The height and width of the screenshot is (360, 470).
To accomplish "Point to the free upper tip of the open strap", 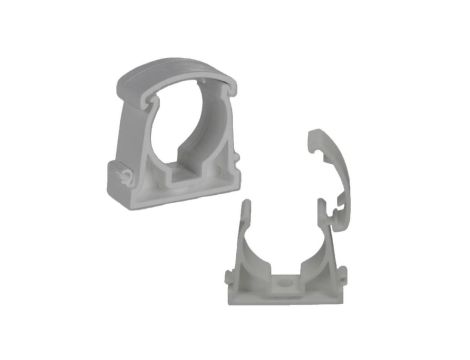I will click(317, 134).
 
